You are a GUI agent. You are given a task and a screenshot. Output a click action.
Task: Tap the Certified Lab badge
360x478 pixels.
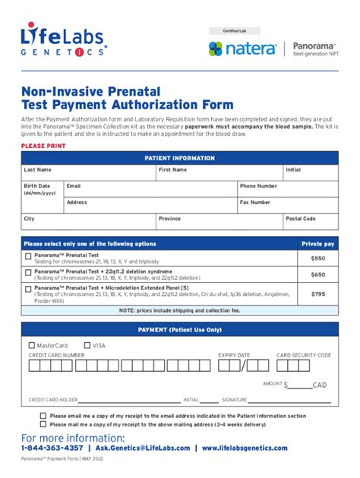tap(234, 31)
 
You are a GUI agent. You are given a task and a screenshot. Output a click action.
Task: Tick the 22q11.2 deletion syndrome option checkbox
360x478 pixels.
tap(28, 274)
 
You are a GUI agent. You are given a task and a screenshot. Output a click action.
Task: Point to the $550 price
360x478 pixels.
tap(317, 259)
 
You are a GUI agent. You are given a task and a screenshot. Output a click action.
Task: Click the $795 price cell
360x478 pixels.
tap(317, 294)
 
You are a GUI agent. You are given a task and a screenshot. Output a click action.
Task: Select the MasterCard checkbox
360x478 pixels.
tap(31, 345)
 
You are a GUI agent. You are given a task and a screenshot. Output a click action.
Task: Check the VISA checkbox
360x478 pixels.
tap(87, 345)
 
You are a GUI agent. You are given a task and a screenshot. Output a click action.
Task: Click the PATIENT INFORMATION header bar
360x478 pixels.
tap(180, 158)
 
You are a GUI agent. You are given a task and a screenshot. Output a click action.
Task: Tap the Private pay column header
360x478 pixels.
tap(317, 244)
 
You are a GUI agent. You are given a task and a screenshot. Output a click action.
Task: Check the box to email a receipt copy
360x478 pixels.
tap(43, 416)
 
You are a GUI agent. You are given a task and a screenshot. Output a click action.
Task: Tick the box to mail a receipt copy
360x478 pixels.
tap(43, 424)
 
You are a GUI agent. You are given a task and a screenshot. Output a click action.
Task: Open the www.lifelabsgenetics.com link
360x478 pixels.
tap(245, 448)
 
